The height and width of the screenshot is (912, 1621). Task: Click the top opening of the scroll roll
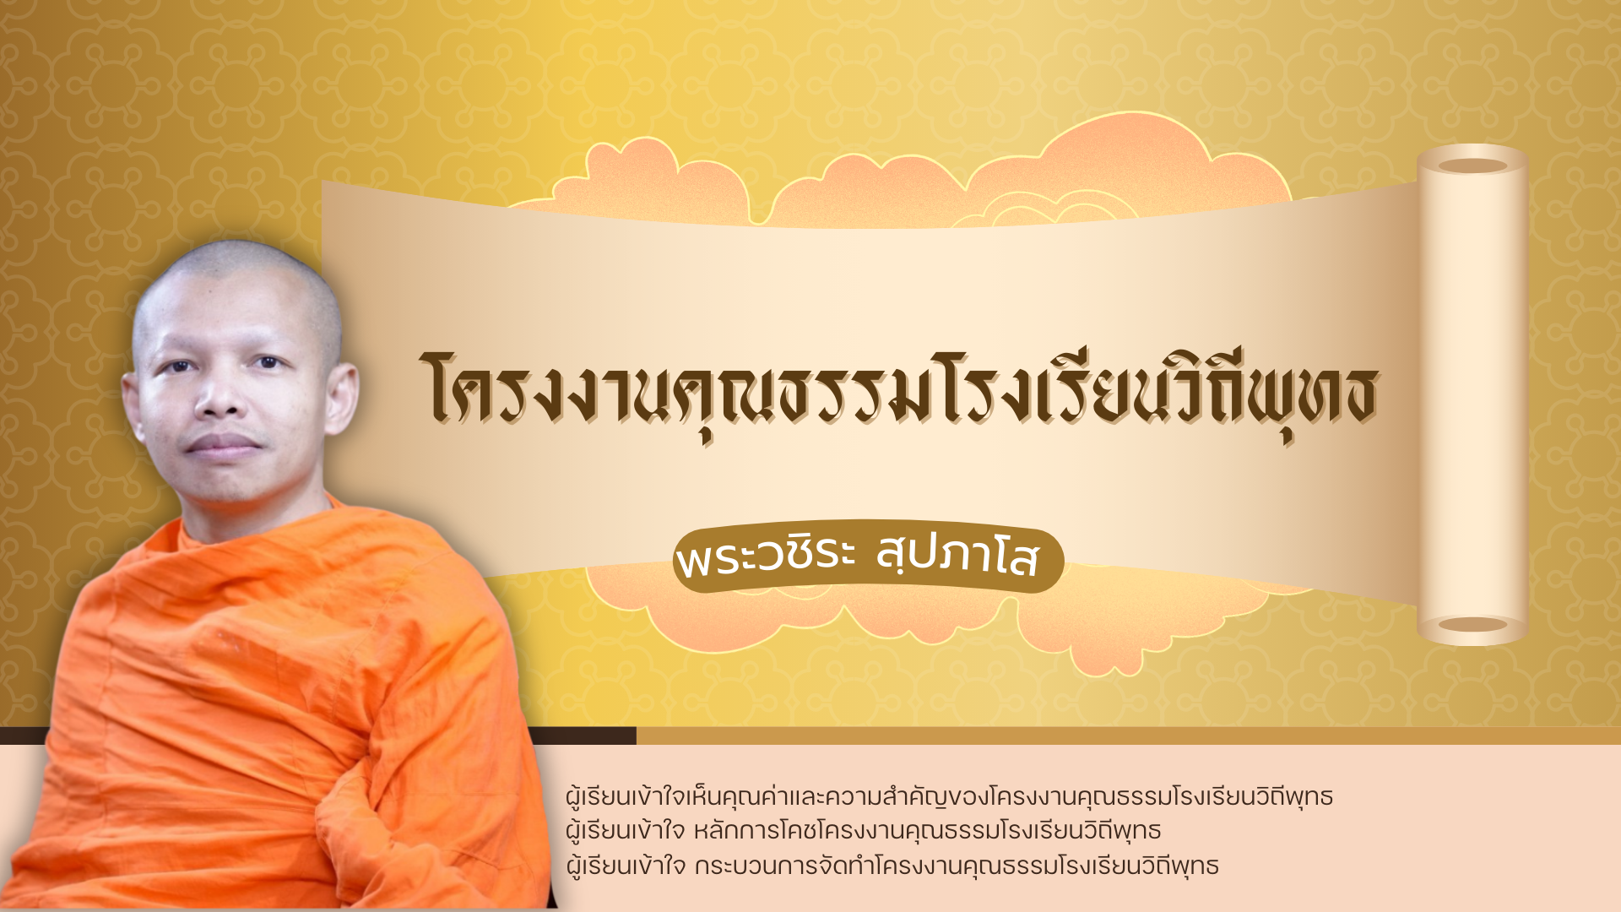click(1472, 166)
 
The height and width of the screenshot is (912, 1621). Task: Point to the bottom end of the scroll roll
click(1472, 625)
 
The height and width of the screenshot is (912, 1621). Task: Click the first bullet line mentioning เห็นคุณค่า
click(949, 796)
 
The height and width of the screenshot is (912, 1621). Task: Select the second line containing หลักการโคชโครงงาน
click(863, 831)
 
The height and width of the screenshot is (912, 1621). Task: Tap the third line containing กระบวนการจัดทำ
click(892, 866)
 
